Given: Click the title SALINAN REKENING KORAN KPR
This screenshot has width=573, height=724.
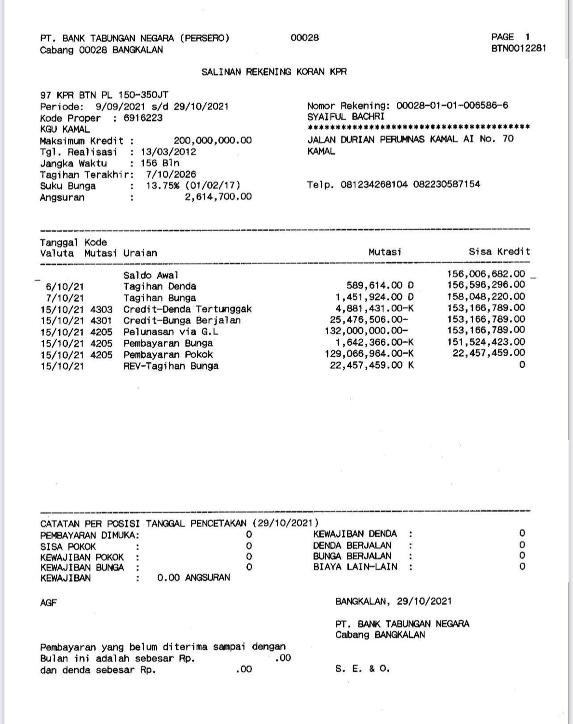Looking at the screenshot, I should [x=274, y=72].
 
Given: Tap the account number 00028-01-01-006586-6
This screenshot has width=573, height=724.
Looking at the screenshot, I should [x=452, y=106].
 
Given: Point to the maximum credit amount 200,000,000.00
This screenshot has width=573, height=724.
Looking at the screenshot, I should [x=213, y=141].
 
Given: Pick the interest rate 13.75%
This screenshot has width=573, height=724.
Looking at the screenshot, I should [x=162, y=186].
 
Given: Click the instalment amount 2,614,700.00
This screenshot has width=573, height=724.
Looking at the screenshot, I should [x=218, y=197].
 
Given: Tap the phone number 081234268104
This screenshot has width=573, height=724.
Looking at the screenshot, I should [x=374, y=184].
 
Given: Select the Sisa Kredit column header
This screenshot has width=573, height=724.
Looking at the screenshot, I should [x=499, y=252].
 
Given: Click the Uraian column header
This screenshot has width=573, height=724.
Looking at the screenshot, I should [x=140, y=253].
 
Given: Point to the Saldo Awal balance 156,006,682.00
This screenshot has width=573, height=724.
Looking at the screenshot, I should [x=486, y=274].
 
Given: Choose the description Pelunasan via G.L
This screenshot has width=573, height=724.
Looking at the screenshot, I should [x=171, y=332].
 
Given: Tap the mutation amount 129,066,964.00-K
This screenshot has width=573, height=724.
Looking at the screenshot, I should [x=370, y=354].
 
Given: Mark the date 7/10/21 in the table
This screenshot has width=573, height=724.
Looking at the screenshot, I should [x=65, y=298].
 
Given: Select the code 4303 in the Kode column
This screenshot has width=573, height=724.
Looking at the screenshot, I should [x=101, y=309].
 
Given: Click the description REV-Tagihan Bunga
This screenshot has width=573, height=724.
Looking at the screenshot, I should [x=171, y=366].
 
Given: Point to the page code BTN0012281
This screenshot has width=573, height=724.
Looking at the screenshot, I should [x=519, y=48].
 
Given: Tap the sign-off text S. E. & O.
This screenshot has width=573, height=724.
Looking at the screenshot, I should [x=363, y=669].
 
